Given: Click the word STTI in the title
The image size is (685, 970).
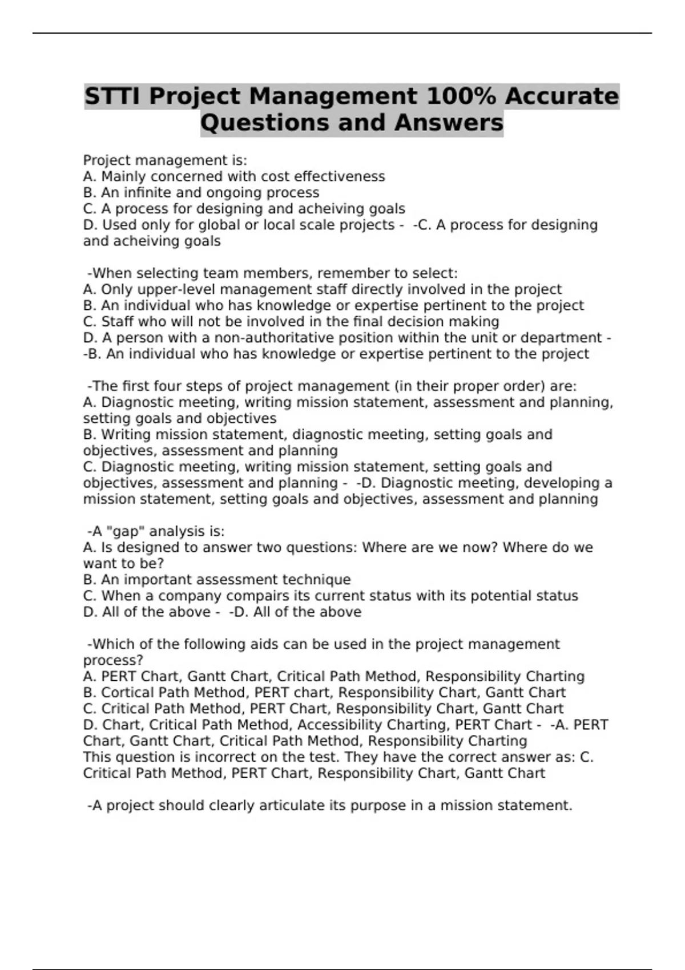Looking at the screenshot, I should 114,96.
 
